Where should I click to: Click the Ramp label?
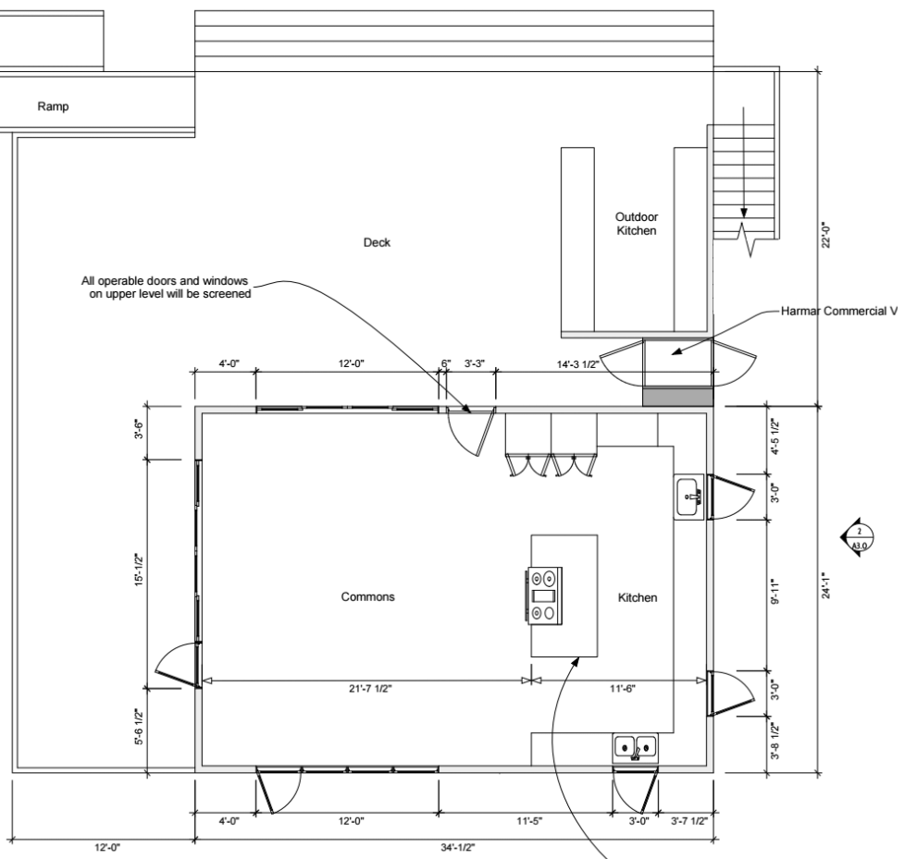pyautogui.click(x=54, y=106)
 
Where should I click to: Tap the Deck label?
pyautogui.click(x=377, y=242)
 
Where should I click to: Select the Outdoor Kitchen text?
pyautogui.click(x=637, y=224)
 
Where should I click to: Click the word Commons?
pyautogui.click(x=368, y=596)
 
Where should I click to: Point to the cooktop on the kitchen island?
pyautogui.click(x=544, y=595)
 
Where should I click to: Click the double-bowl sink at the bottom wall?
pyautogui.click(x=636, y=748)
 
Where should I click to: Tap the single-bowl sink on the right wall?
pyautogui.click(x=689, y=497)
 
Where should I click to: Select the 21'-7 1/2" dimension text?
pyautogui.click(x=370, y=689)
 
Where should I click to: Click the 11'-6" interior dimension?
pyautogui.click(x=622, y=689)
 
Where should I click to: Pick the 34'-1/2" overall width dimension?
pyautogui.click(x=457, y=847)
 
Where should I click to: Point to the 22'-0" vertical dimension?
pyautogui.click(x=825, y=235)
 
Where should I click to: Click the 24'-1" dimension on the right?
pyautogui.click(x=825, y=585)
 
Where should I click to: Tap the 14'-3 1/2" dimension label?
pyautogui.click(x=577, y=364)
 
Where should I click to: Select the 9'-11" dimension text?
pyautogui.click(x=774, y=592)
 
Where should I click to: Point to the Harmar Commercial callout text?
pyautogui.click(x=839, y=312)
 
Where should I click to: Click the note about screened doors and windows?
pyautogui.click(x=166, y=288)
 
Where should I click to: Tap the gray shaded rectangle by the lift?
pyautogui.click(x=678, y=397)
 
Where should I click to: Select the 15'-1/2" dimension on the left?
pyautogui.click(x=139, y=571)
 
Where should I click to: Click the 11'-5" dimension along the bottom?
pyautogui.click(x=529, y=821)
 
